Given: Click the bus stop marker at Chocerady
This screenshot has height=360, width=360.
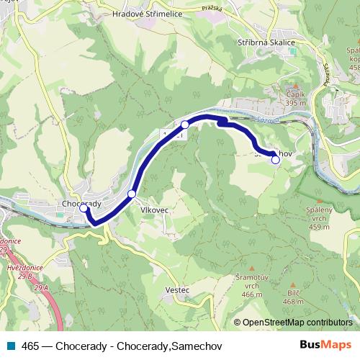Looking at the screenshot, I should [x=84, y=209].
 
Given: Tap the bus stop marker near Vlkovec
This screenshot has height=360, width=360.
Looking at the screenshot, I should [x=131, y=194].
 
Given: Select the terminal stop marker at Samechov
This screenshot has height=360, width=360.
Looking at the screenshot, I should [x=275, y=160].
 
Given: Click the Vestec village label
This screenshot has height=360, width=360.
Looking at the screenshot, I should [x=176, y=289].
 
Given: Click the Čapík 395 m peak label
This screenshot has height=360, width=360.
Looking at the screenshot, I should [x=295, y=98].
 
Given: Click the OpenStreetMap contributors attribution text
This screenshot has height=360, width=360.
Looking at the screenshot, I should [x=297, y=323].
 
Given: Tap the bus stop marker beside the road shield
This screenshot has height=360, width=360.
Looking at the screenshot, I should [x=185, y=125].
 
